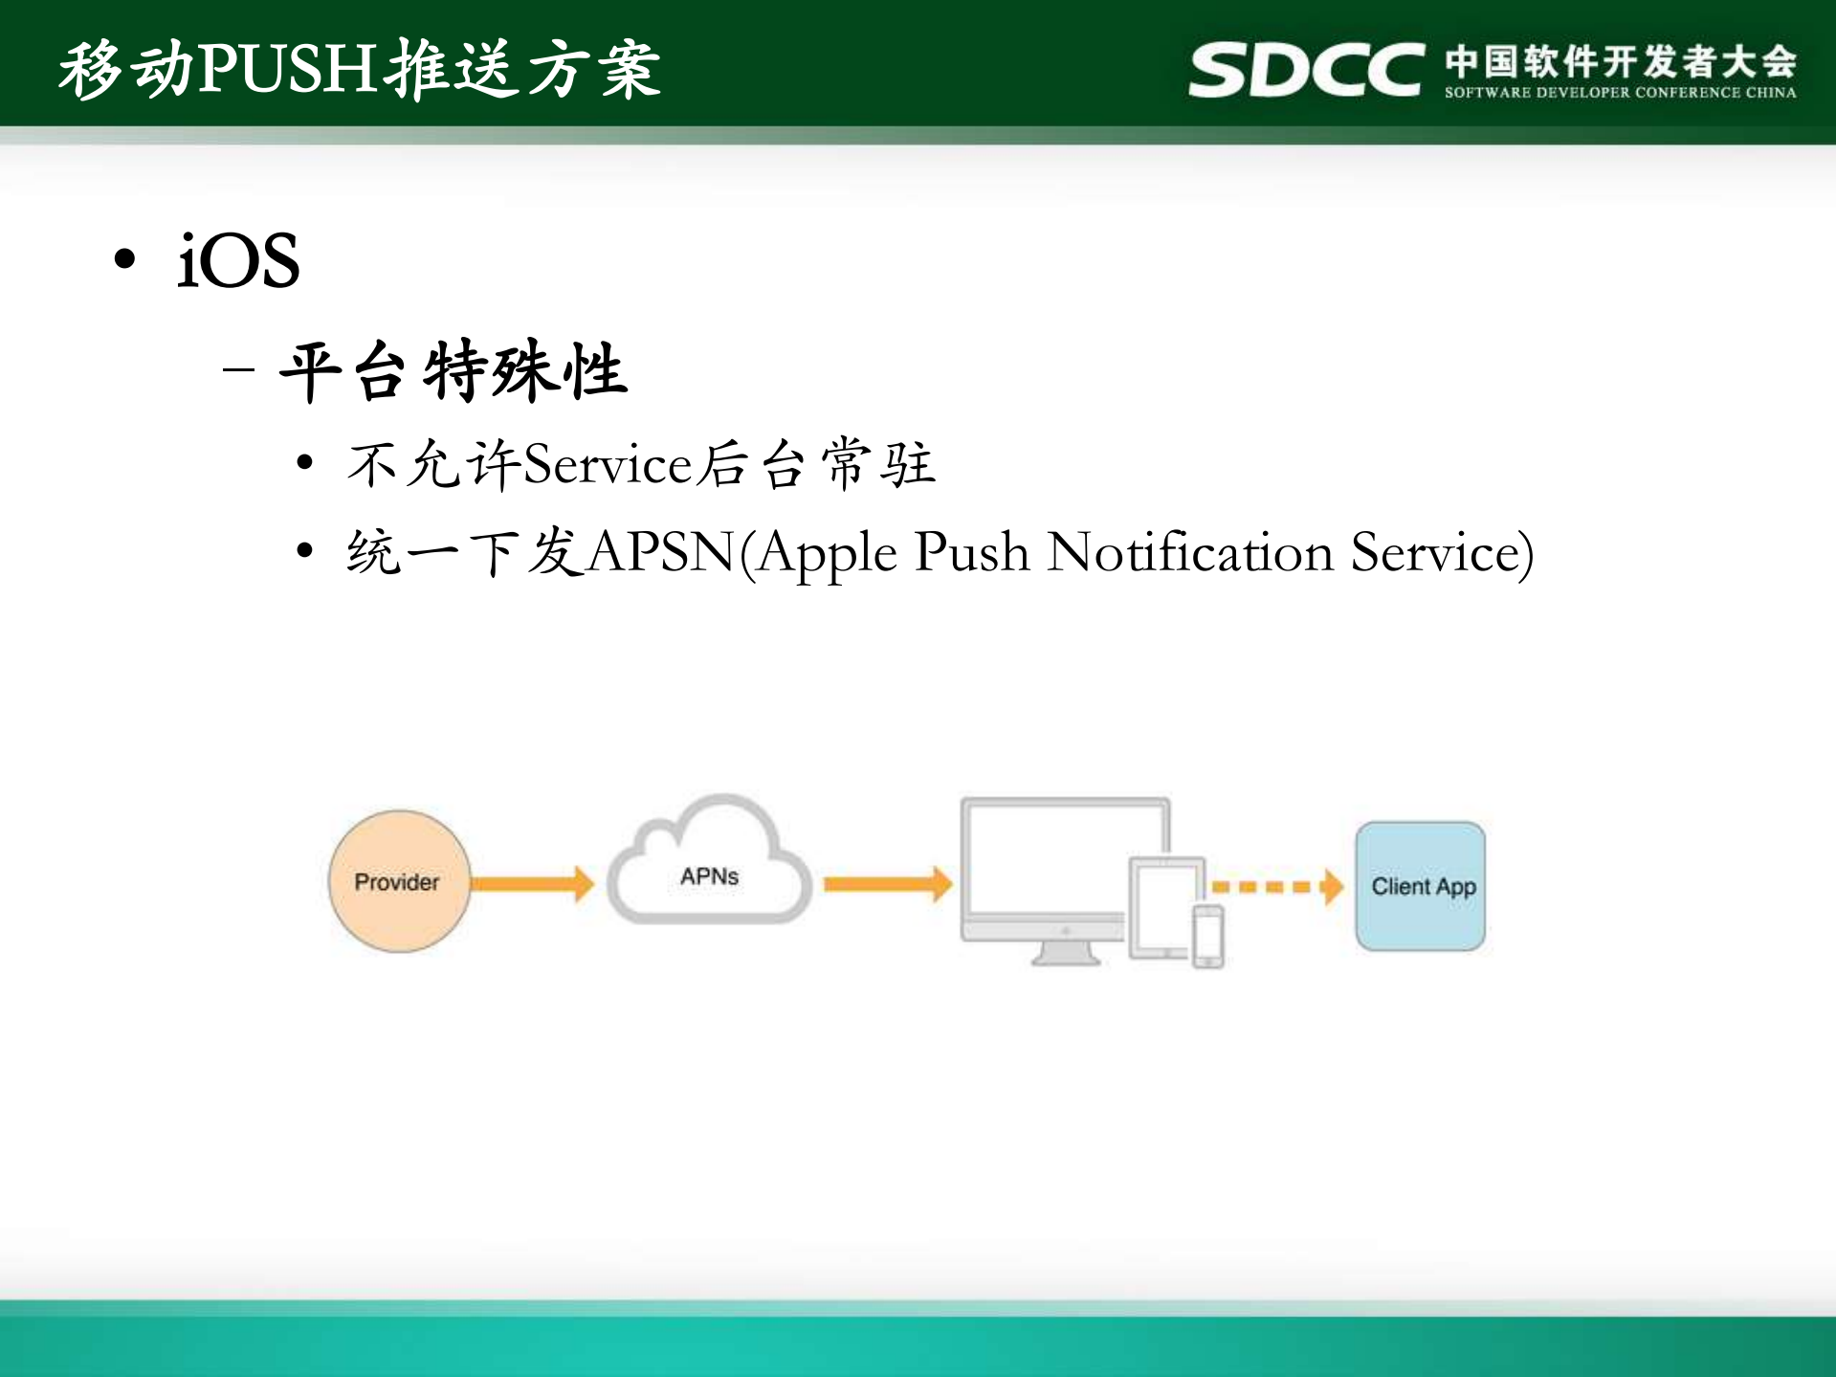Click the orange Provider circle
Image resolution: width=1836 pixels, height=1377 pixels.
point(398,881)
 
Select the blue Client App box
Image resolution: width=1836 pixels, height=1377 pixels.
point(1421,886)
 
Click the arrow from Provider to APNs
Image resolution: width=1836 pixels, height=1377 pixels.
point(532,882)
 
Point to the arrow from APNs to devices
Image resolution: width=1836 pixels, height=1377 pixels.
point(887,882)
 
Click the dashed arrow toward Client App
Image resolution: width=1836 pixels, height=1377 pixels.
point(1276,886)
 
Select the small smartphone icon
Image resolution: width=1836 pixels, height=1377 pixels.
point(1207,937)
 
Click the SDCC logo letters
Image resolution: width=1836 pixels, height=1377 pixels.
point(1306,70)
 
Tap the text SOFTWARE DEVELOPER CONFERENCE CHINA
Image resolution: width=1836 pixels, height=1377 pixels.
point(1620,93)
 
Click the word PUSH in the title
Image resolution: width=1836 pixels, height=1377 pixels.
point(286,69)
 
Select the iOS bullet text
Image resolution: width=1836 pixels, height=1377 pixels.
point(238,260)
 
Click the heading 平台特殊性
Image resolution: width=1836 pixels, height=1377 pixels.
point(453,371)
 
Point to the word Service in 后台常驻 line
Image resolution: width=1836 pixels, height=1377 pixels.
point(608,465)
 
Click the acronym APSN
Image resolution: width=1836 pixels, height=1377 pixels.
point(660,553)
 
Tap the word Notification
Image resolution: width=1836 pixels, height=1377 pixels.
point(1190,553)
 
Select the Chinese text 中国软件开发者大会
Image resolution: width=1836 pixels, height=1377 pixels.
point(1620,61)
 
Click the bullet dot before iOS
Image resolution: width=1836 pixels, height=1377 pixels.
point(124,259)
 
